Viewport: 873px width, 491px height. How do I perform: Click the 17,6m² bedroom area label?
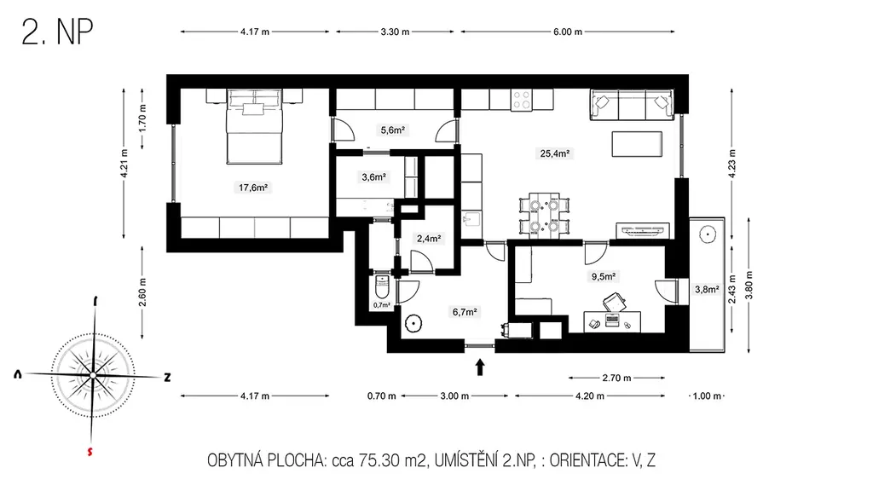(x=253, y=188)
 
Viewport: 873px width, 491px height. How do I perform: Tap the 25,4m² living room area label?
(x=554, y=153)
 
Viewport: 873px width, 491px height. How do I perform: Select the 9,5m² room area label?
(x=603, y=277)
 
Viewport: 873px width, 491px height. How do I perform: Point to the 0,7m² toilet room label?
(x=381, y=305)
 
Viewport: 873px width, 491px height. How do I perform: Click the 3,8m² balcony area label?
(x=707, y=290)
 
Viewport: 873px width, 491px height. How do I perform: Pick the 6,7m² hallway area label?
(x=465, y=312)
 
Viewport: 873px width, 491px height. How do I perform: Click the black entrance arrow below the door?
(x=480, y=367)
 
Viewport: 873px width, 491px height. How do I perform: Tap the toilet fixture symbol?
(x=383, y=286)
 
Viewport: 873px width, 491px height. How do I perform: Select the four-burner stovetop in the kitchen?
(x=522, y=101)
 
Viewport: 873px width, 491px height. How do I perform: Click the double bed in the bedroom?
(x=254, y=127)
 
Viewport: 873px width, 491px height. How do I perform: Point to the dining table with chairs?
(x=544, y=216)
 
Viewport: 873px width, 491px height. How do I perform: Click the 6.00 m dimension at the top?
(x=568, y=32)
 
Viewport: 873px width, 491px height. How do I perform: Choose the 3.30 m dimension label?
(x=396, y=32)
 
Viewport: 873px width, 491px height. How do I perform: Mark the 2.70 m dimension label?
(x=617, y=378)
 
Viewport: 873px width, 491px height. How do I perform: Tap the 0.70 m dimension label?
(x=381, y=396)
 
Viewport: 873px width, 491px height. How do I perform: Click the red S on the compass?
(x=90, y=452)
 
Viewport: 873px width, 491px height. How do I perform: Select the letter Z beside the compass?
(x=167, y=378)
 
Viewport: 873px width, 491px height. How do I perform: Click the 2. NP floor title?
(x=57, y=32)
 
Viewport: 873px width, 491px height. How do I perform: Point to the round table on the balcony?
(x=707, y=234)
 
